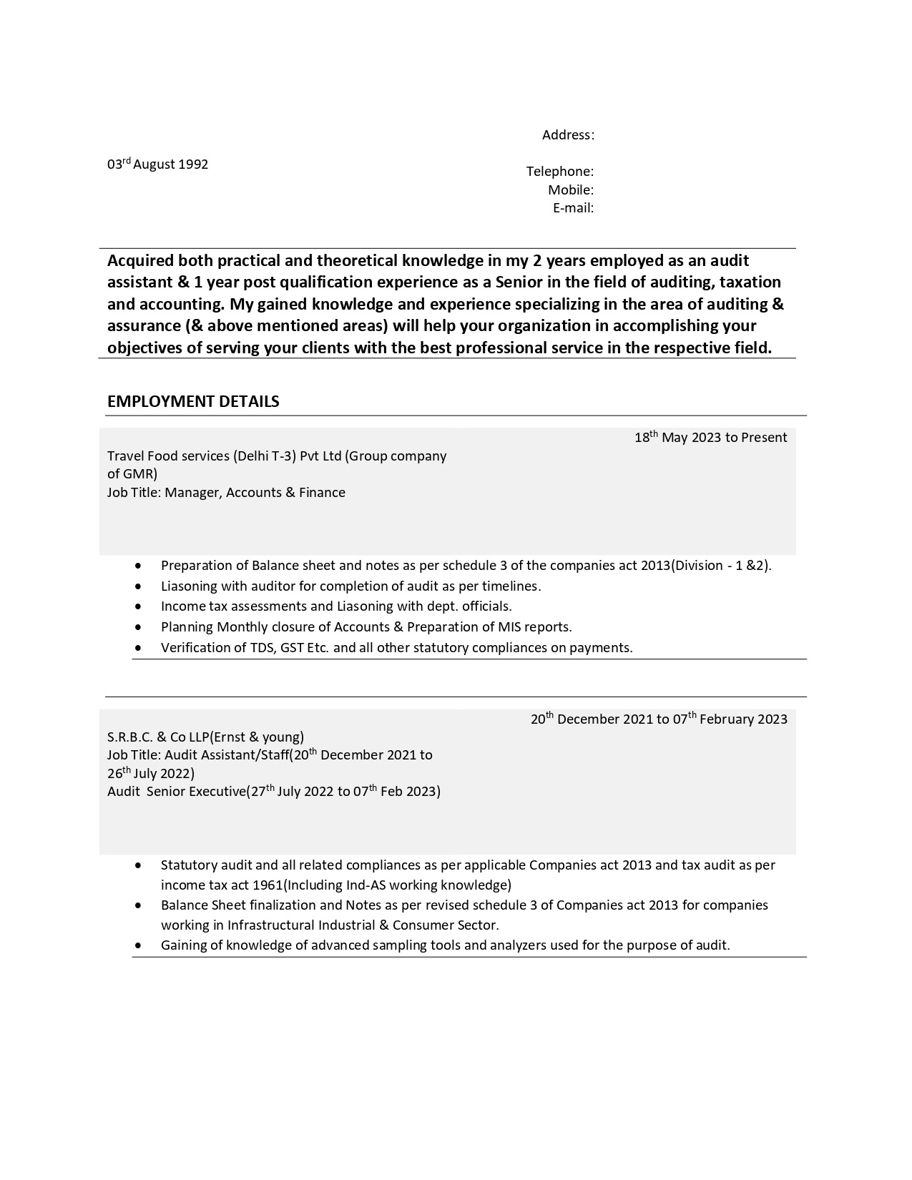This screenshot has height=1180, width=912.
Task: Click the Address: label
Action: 568,135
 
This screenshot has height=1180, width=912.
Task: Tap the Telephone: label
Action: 560,172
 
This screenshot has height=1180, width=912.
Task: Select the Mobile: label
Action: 571,190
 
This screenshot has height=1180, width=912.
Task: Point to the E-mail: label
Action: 573,208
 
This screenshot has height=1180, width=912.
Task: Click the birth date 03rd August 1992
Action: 157,164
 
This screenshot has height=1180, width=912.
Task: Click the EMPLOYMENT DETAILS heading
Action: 193,401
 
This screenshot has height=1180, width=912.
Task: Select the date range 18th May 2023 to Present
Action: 710,438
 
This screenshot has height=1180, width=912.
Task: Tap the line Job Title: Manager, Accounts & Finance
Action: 226,493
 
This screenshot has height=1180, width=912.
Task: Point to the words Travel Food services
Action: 168,456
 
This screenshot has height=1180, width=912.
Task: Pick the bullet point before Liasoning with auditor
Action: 138,586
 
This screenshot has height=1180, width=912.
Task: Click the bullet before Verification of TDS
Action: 138,648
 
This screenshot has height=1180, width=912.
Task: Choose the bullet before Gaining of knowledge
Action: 138,945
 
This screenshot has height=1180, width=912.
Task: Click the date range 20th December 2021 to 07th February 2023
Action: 659,719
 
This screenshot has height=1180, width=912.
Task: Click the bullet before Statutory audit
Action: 138,865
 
